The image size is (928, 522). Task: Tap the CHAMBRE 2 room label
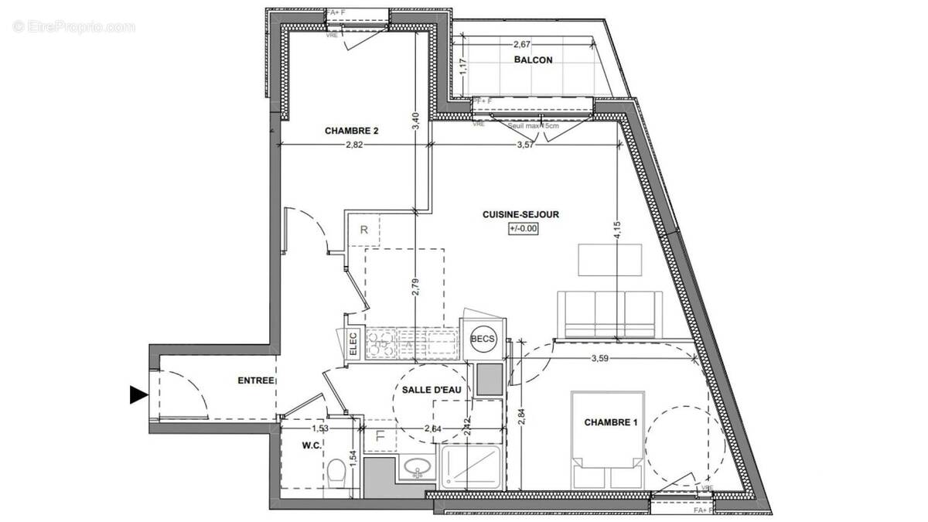tap(351, 131)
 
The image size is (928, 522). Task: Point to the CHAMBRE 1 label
tap(611, 422)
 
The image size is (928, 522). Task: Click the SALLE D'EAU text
tap(432, 391)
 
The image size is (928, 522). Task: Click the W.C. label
tap(312, 445)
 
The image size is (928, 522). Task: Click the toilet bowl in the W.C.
tap(336, 473)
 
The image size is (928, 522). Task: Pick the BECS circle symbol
tap(483, 337)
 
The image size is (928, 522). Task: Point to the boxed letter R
tap(364, 230)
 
